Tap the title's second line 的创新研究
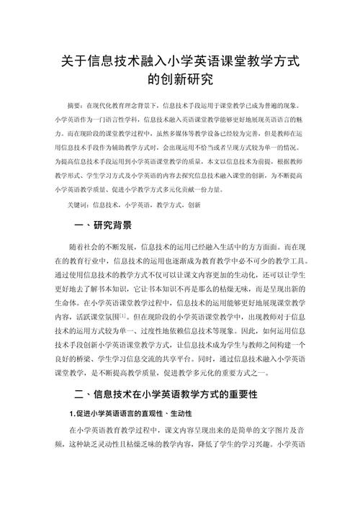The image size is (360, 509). (179, 78)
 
